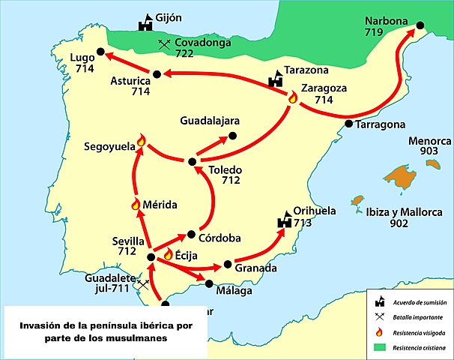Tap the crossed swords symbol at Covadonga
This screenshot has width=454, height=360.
click(164, 45)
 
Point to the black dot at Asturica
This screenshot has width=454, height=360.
click(157, 73)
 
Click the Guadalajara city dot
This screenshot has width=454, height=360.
click(232, 136)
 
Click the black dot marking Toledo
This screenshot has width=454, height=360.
click(192, 161)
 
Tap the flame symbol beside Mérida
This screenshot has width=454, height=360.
click(136, 204)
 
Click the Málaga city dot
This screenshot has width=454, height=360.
click(209, 283)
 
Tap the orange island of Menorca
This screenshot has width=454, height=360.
click(405, 177)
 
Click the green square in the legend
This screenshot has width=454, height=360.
click(381, 347)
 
